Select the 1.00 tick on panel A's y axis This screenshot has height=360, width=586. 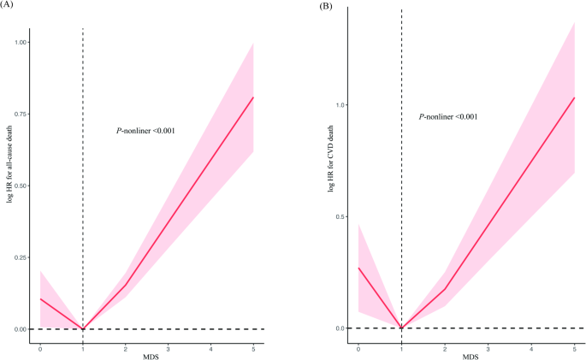coord(21,42)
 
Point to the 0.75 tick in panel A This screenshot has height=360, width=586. coord(21,114)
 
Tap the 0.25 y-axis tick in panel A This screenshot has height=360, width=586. coord(21,257)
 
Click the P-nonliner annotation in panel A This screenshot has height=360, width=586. coord(146,131)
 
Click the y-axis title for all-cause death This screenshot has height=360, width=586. coord(9,186)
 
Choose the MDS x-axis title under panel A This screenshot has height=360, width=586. coord(146,356)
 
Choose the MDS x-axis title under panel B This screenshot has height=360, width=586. coord(466,356)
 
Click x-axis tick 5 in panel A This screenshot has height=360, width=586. coord(253,348)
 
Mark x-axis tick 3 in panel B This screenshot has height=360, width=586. coord(488,348)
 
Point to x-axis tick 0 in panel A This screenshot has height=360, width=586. coord(39,348)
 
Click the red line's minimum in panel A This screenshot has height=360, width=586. coord(82,329)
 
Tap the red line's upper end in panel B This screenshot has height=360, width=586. coord(574,97)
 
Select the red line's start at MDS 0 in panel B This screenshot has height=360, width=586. coord(358,268)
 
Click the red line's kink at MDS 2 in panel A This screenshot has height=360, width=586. coord(125,286)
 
